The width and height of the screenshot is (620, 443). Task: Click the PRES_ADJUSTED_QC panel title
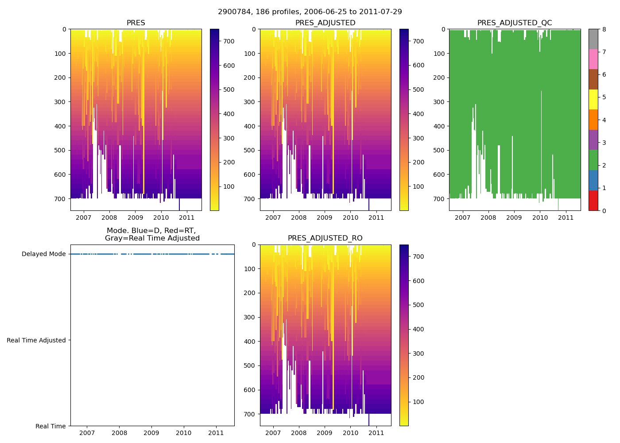coord(515,23)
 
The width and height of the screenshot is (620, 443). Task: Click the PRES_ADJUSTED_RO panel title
coord(325,238)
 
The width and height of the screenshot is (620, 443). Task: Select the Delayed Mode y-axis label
coord(43,254)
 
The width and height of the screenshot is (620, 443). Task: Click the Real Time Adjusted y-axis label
coord(36,340)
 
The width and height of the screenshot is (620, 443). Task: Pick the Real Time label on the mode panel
coord(50,426)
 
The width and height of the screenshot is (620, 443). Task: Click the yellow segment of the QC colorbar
coord(593,100)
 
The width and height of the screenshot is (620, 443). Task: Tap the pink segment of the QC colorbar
coord(593,59)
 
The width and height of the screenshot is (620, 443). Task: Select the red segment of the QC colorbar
coord(593,201)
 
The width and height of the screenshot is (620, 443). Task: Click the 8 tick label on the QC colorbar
coord(604,29)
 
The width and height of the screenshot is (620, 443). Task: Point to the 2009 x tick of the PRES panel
coord(135,218)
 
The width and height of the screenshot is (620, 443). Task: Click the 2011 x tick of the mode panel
coord(216,433)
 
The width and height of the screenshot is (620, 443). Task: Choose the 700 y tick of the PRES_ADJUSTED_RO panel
coord(250,414)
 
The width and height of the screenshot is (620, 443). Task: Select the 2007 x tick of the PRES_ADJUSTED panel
coord(273,218)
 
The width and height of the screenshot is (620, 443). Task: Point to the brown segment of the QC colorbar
coord(593,79)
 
